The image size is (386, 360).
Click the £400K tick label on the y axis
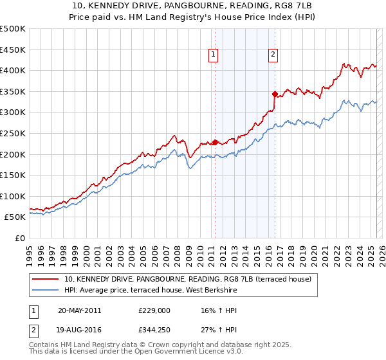tap(13, 71)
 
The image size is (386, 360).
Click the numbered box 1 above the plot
tap(213, 55)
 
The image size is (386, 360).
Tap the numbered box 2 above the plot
tap(273, 55)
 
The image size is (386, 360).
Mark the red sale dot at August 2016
tap(275, 94)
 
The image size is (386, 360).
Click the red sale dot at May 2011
tap(215, 142)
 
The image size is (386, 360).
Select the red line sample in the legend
tap(46, 279)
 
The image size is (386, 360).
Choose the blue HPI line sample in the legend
tap(46, 291)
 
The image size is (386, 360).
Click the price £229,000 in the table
tap(154, 310)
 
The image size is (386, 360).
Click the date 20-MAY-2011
tap(79, 310)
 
